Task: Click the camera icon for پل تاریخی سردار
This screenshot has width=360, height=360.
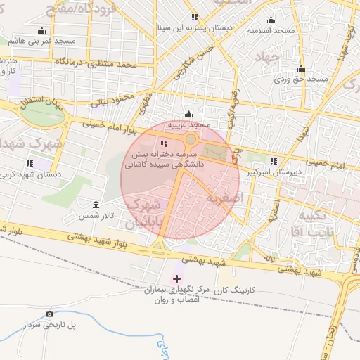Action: (49, 314)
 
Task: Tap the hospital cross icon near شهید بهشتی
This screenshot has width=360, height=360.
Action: (176, 279)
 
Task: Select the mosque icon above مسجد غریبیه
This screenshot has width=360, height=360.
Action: (188, 115)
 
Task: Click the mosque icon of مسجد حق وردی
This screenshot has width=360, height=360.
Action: (301, 69)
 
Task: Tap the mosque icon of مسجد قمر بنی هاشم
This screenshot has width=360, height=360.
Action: (41, 30)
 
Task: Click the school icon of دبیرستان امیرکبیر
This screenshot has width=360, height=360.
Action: (273, 161)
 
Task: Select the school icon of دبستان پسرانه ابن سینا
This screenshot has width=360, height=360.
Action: (195, 17)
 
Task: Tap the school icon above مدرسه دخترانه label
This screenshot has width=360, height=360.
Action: (165, 144)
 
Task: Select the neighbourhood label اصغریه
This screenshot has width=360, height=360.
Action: (224, 198)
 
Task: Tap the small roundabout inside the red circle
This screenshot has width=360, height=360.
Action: (191, 139)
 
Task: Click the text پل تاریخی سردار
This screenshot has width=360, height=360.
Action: (49, 325)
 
